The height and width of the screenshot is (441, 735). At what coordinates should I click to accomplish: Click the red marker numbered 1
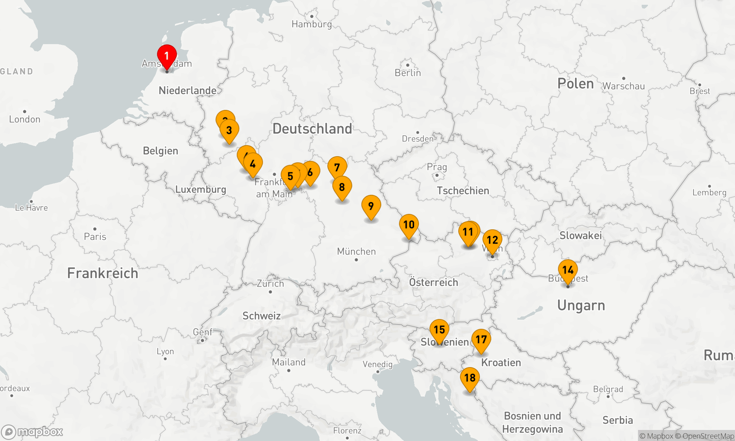(x=167, y=56)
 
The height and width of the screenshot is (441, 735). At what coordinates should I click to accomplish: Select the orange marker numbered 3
(x=229, y=130)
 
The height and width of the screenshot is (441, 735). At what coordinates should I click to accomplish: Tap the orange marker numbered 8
(x=342, y=187)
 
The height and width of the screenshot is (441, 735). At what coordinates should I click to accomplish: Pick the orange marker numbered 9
(x=371, y=206)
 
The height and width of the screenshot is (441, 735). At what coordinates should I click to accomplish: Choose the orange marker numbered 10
(x=409, y=225)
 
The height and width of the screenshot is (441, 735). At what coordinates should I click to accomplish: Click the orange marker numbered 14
(x=568, y=270)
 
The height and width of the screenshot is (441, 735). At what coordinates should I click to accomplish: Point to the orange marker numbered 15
(x=440, y=330)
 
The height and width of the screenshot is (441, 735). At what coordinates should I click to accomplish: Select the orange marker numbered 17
(x=481, y=340)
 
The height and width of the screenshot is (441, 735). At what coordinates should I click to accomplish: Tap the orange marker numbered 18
(x=470, y=378)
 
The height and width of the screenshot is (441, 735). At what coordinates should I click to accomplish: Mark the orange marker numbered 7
(x=337, y=168)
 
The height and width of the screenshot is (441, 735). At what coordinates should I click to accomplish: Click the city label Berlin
(x=408, y=73)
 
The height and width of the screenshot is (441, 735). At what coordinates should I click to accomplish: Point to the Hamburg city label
(x=312, y=24)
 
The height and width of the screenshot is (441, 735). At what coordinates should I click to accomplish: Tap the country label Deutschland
(x=312, y=129)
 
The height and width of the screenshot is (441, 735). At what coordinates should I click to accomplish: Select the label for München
(x=356, y=251)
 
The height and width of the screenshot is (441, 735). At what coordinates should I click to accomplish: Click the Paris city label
(x=95, y=236)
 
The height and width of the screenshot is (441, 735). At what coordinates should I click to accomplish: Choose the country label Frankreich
(x=103, y=273)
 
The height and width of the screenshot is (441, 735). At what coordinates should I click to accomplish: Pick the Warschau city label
(x=624, y=86)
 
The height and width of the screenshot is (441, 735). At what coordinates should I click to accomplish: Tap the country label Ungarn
(x=581, y=305)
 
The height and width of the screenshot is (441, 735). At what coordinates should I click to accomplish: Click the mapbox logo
(x=32, y=432)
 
